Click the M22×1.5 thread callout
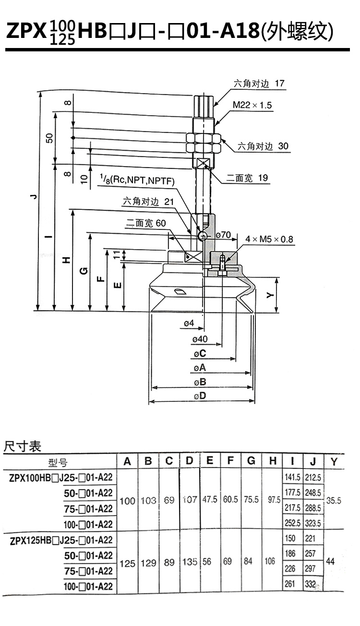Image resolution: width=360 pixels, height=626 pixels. point(252,105)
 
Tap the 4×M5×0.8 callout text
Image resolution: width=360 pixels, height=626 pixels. point(269,239)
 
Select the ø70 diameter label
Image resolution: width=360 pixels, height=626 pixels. point(223,235)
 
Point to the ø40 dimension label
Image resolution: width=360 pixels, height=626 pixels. point(200,339)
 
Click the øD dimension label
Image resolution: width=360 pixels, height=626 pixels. point(200,396)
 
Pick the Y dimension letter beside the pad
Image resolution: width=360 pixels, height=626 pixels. point(270,295)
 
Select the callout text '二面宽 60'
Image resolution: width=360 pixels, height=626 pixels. point(146,223)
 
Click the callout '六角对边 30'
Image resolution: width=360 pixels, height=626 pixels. point(263,146)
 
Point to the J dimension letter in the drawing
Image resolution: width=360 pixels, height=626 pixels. point(34,196)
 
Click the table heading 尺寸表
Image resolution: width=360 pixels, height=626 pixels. point(23,446)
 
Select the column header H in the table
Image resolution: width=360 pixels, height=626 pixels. point(273,461)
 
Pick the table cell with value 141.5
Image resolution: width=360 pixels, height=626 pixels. point(292,477)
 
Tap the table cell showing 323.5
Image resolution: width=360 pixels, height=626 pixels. point(313,523)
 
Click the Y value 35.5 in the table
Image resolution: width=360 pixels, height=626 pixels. point(334,500)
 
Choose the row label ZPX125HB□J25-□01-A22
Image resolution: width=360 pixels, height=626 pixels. point(61,541)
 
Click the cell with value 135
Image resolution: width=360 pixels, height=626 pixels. point(190,562)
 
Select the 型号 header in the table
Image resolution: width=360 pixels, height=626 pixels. point(58,463)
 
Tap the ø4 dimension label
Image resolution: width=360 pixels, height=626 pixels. point(189,324)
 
